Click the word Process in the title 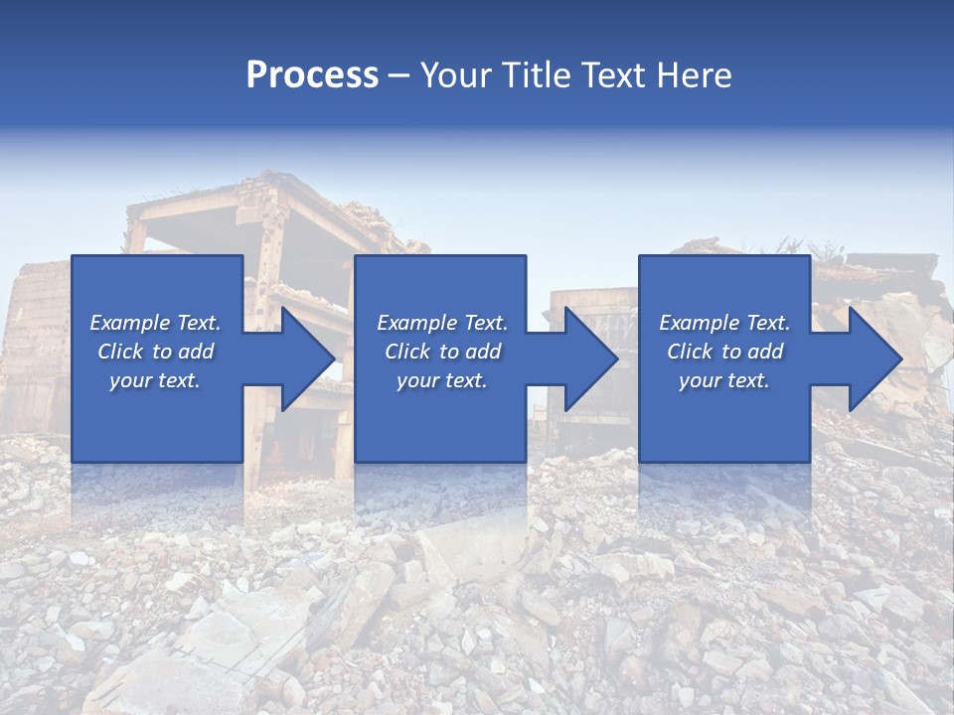pos(312,75)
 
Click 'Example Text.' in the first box pos(155,323)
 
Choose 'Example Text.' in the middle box pos(442,323)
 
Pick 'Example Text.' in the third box pos(724,323)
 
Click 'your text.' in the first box pos(155,380)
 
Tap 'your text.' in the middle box pos(442,380)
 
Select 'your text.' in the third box pos(724,380)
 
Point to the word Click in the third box pos(690,352)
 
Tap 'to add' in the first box pos(184,352)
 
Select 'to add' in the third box pos(753,352)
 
